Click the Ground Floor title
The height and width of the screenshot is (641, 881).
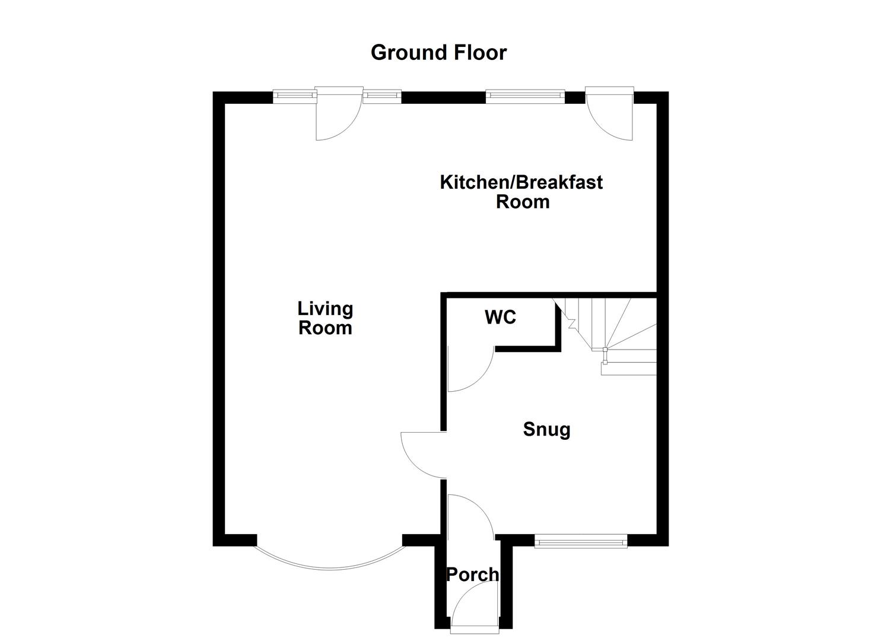tap(438, 52)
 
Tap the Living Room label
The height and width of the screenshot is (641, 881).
tap(325, 318)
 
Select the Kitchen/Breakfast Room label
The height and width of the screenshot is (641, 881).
tap(521, 191)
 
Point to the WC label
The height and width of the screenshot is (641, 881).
tap(500, 318)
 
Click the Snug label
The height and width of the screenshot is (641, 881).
tap(546, 429)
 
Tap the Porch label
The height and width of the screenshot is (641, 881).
tap(472, 575)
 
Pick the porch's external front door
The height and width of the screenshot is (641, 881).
tap(475, 605)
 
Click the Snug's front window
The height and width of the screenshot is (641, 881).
tap(580, 540)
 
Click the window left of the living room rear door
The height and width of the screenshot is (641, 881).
tap(294, 95)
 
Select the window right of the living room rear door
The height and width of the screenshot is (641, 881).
tap(382, 95)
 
